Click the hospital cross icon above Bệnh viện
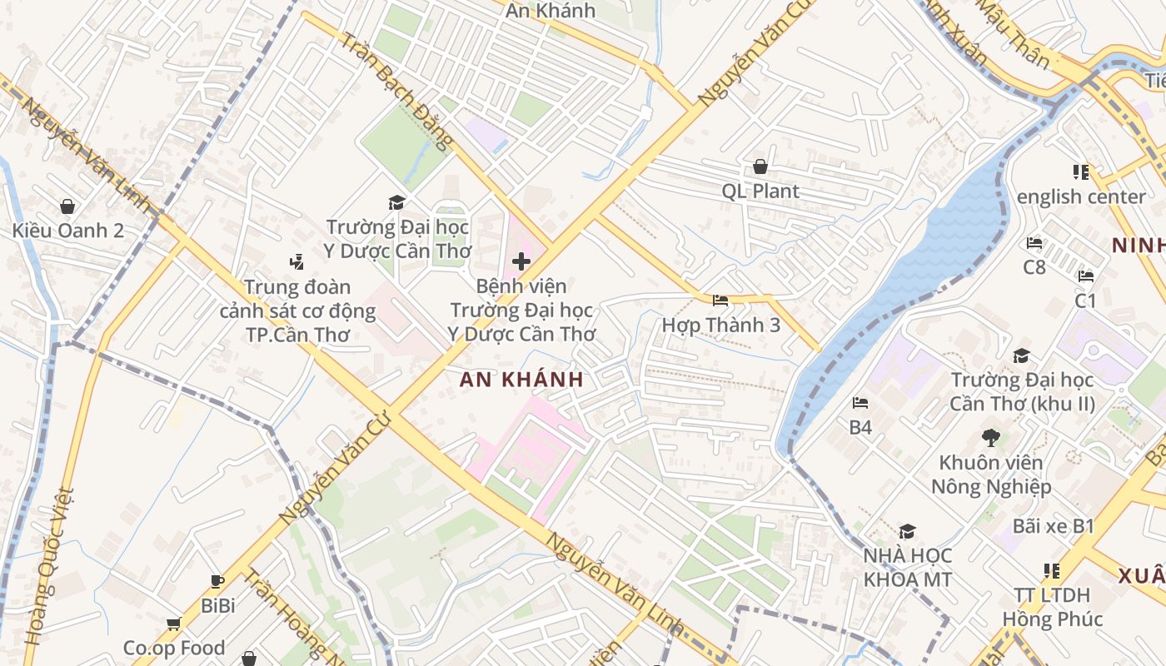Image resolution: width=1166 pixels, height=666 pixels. pos(521,261)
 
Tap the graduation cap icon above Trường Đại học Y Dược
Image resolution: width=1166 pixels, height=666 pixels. pos(396,202)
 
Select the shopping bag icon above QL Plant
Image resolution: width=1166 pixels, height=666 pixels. pos(760,166)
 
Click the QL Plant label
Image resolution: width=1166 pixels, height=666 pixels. pos(760,191)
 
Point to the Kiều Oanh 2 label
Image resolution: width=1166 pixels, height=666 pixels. pos(67,231)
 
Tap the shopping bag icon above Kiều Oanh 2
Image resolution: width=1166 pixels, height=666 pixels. pos(67,206)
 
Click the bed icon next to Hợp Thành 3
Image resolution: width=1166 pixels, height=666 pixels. pos(720,300)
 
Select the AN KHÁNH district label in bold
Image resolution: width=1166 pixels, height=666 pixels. pos(521,380)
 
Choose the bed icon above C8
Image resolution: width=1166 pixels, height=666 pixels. pos(1034,243)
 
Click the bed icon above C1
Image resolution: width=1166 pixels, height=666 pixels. pos(1085,276)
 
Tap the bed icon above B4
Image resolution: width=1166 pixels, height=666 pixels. pos(860,403)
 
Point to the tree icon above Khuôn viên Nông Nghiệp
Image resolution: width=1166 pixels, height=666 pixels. pos(990,437)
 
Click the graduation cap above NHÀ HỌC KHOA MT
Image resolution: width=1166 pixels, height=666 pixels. pos(907,531)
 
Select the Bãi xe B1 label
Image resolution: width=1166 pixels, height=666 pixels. pos(1053,526)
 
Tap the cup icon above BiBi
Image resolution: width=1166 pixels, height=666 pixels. pos(217,581)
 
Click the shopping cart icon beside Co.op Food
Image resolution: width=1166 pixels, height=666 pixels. pos(174,624)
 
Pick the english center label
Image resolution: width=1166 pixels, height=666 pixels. pos(1081,197)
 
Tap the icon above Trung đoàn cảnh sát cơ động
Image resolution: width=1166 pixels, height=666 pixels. pos(296,262)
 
